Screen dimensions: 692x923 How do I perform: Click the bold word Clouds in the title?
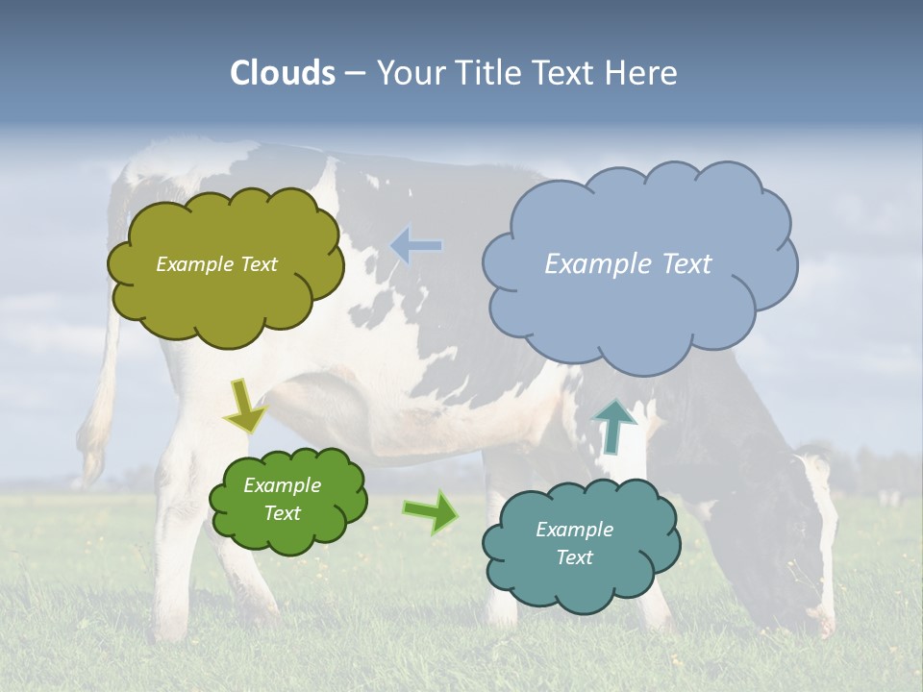tap(283, 73)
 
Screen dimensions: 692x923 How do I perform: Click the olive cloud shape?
tap(225, 298)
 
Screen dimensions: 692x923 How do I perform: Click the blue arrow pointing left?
tap(416, 245)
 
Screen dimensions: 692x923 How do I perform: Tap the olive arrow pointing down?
tap(244, 407)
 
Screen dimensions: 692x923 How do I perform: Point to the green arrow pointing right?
tap(430, 511)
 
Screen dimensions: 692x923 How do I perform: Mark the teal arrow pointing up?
tap(613, 426)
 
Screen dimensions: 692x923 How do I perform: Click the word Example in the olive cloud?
tap(192, 264)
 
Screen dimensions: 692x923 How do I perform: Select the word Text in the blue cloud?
tap(679, 264)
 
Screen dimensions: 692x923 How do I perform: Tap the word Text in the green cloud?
tap(282, 513)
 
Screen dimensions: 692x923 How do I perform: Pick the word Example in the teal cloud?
tap(574, 530)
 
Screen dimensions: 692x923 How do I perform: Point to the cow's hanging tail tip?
tap(93, 452)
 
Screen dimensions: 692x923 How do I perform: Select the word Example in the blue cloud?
tap(592, 264)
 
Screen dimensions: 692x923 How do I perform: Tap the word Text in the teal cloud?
tap(574, 557)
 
